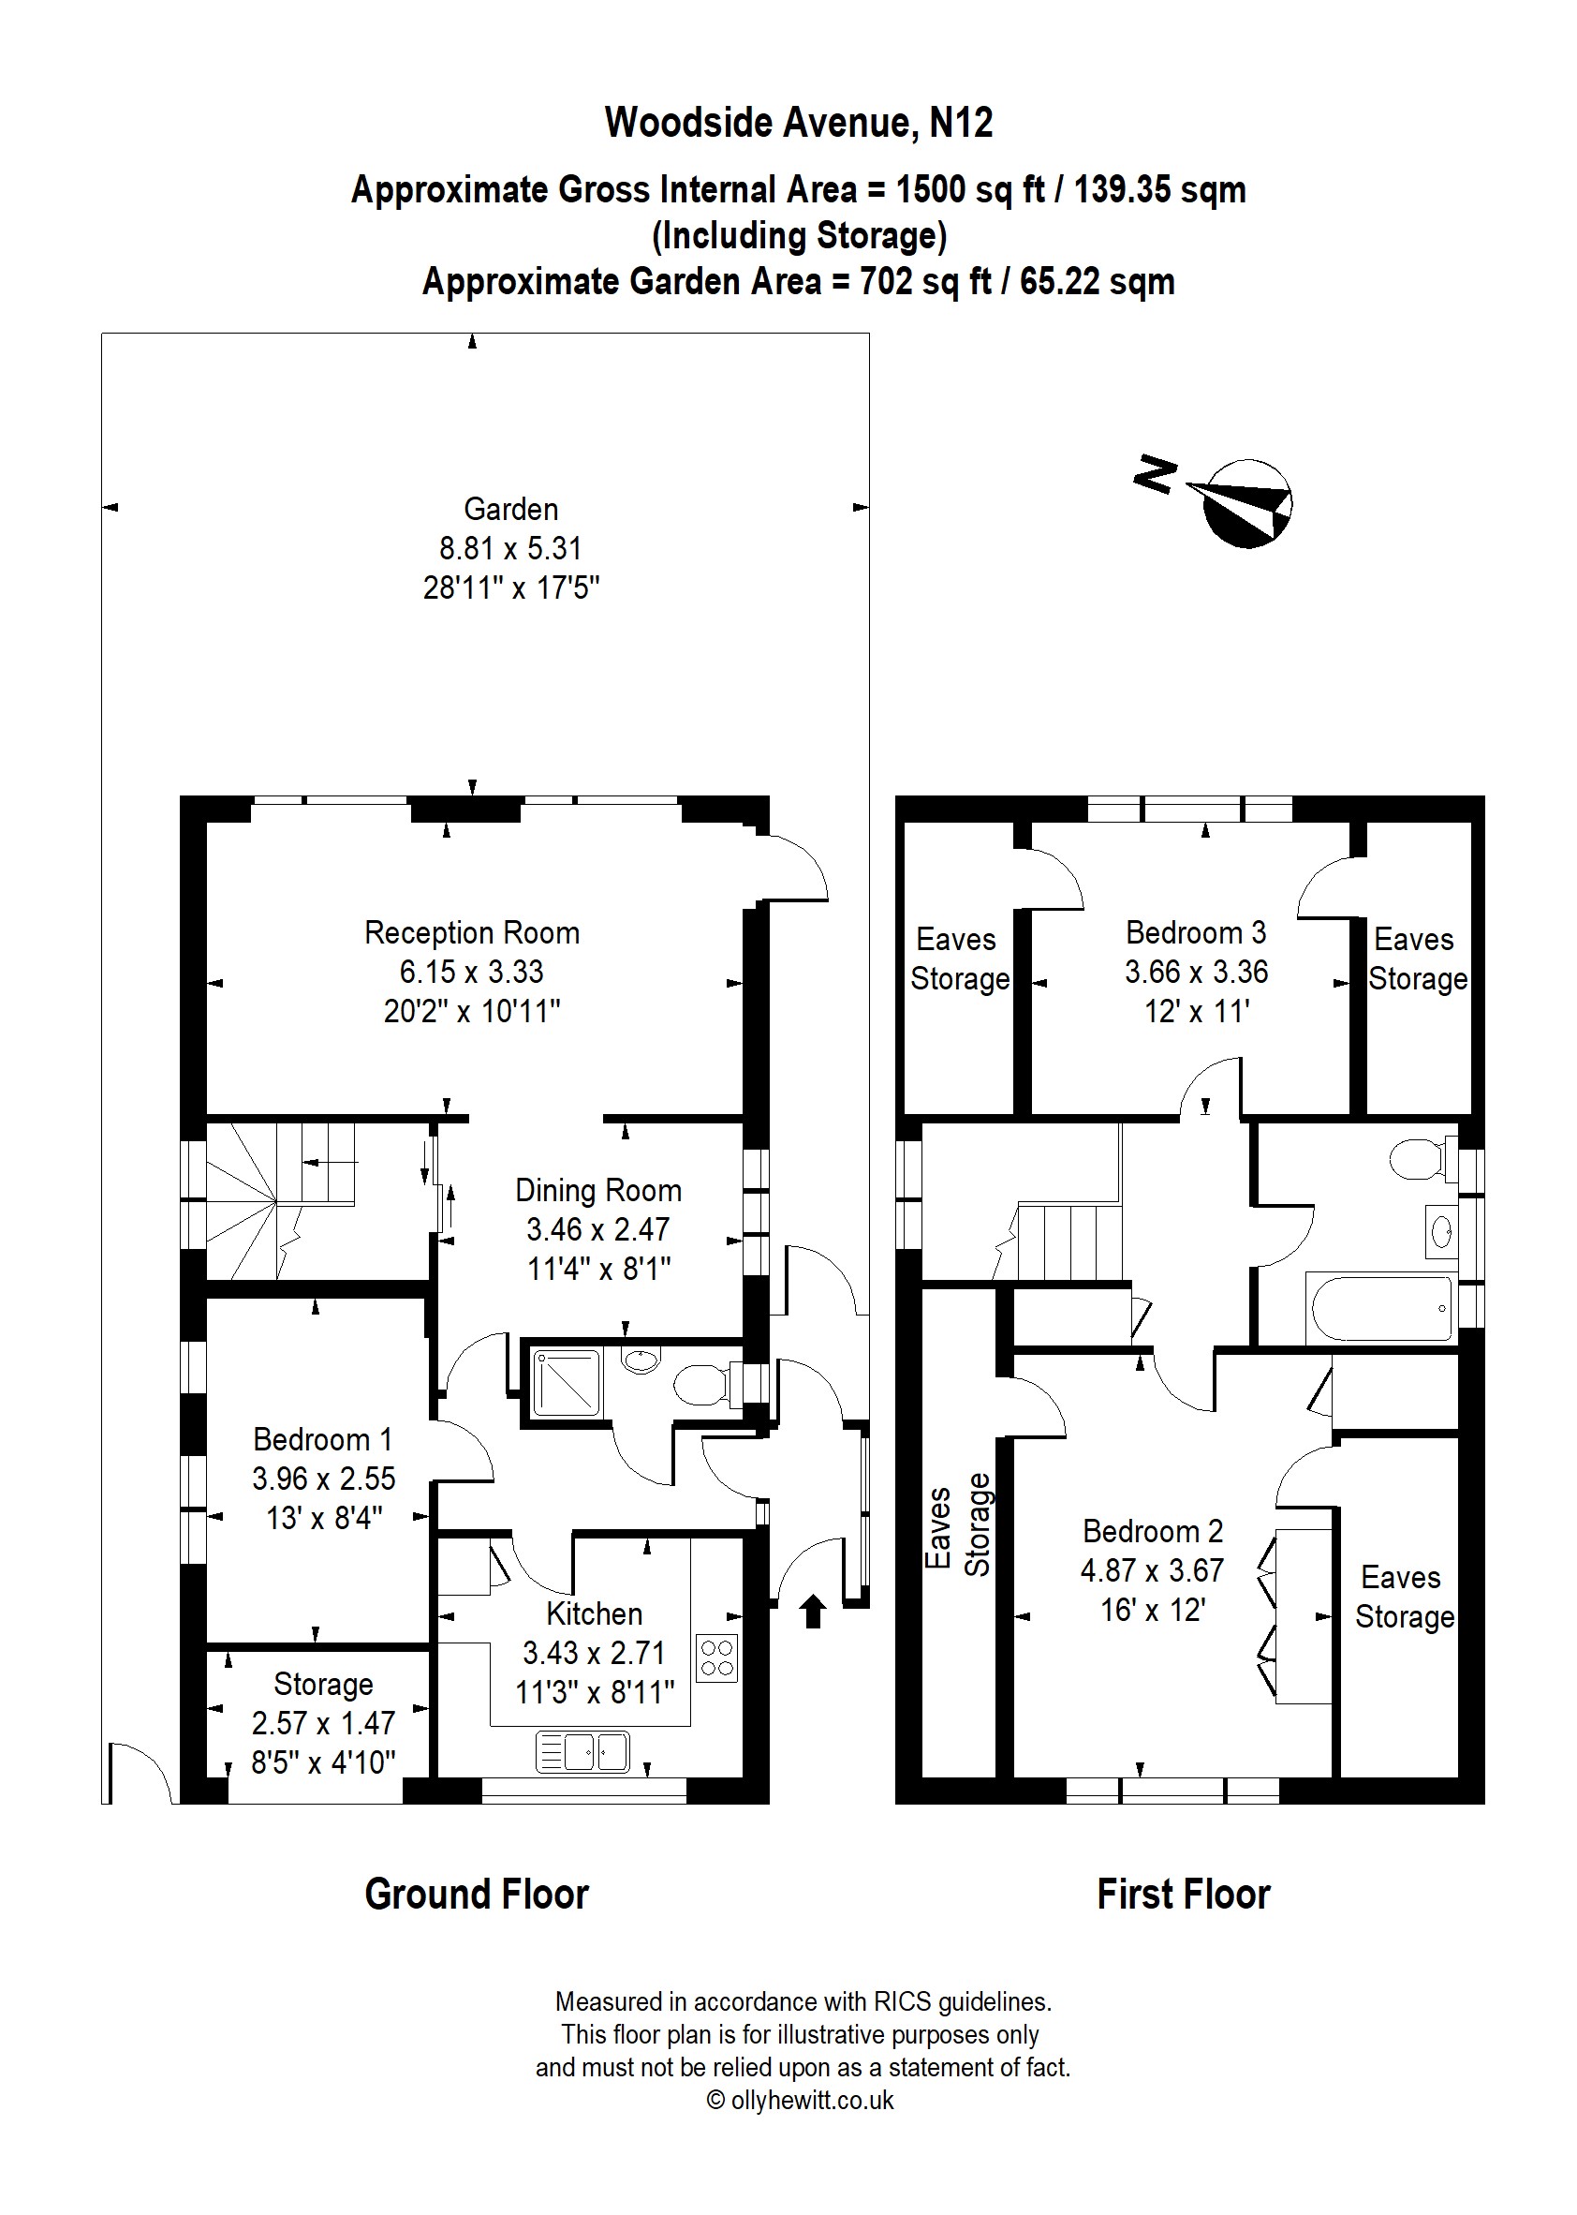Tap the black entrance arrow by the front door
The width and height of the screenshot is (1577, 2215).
pyautogui.click(x=813, y=1612)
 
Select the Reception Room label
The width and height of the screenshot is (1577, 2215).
pyautogui.click(x=472, y=932)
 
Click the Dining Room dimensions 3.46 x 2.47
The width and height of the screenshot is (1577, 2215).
pyautogui.click(x=598, y=1229)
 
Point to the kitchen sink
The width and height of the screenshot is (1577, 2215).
pyautogui.click(x=582, y=1752)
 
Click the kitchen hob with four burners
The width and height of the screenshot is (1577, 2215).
pyautogui.click(x=716, y=1658)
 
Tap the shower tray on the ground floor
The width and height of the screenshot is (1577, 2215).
pyautogui.click(x=567, y=1381)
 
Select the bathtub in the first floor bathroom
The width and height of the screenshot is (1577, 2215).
pyautogui.click(x=1381, y=1308)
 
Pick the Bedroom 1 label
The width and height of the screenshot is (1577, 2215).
pyautogui.click(x=323, y=1439)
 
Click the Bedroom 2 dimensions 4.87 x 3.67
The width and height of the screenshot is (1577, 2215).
pyautogui.click(x=1153, y=1570)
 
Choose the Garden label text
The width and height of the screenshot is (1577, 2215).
pyautogui.click(x=510, y=509)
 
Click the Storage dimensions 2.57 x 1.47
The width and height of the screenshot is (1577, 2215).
pyautogui.click(x=323, y=1722)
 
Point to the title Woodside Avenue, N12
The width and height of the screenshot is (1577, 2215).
pyautogui.click(x=799, y=123)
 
